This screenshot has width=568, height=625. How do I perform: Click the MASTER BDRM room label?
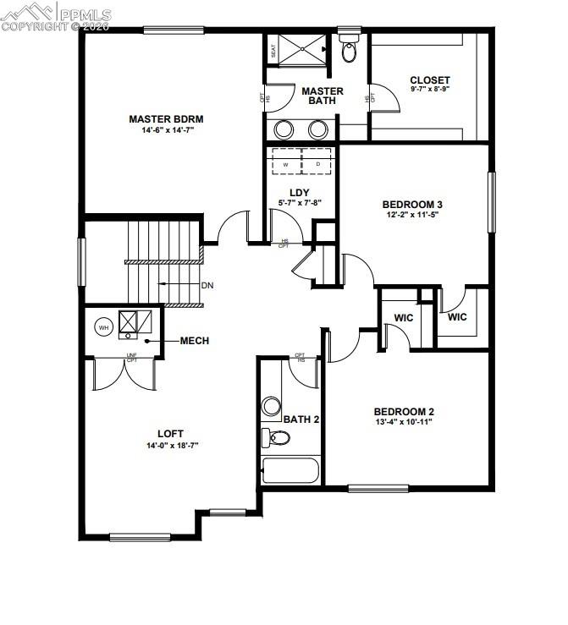[x=167, y=118]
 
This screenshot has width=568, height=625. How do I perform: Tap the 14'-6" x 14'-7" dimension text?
[x=167, y=130]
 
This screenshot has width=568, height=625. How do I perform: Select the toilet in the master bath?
[x=348, y=50]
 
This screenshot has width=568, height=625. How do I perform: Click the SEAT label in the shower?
[x=273, y=51]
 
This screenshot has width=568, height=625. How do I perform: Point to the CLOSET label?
[x=430, y=80]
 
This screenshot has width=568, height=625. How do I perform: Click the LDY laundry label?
[x=299, y=192]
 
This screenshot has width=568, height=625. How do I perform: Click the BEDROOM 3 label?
[x=413, y=204]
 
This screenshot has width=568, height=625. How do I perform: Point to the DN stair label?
[x=207, y=285]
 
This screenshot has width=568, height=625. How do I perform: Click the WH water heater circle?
[x=103, y=326]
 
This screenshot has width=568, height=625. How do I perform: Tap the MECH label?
[x=194, y=341]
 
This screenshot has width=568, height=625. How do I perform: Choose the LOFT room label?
[x=170, y=434]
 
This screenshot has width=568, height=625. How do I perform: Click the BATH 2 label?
[x=301, y=419]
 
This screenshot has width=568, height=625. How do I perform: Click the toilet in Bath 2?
[x=276, y=437]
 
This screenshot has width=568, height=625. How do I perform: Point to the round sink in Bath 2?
[x=272, y=407]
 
